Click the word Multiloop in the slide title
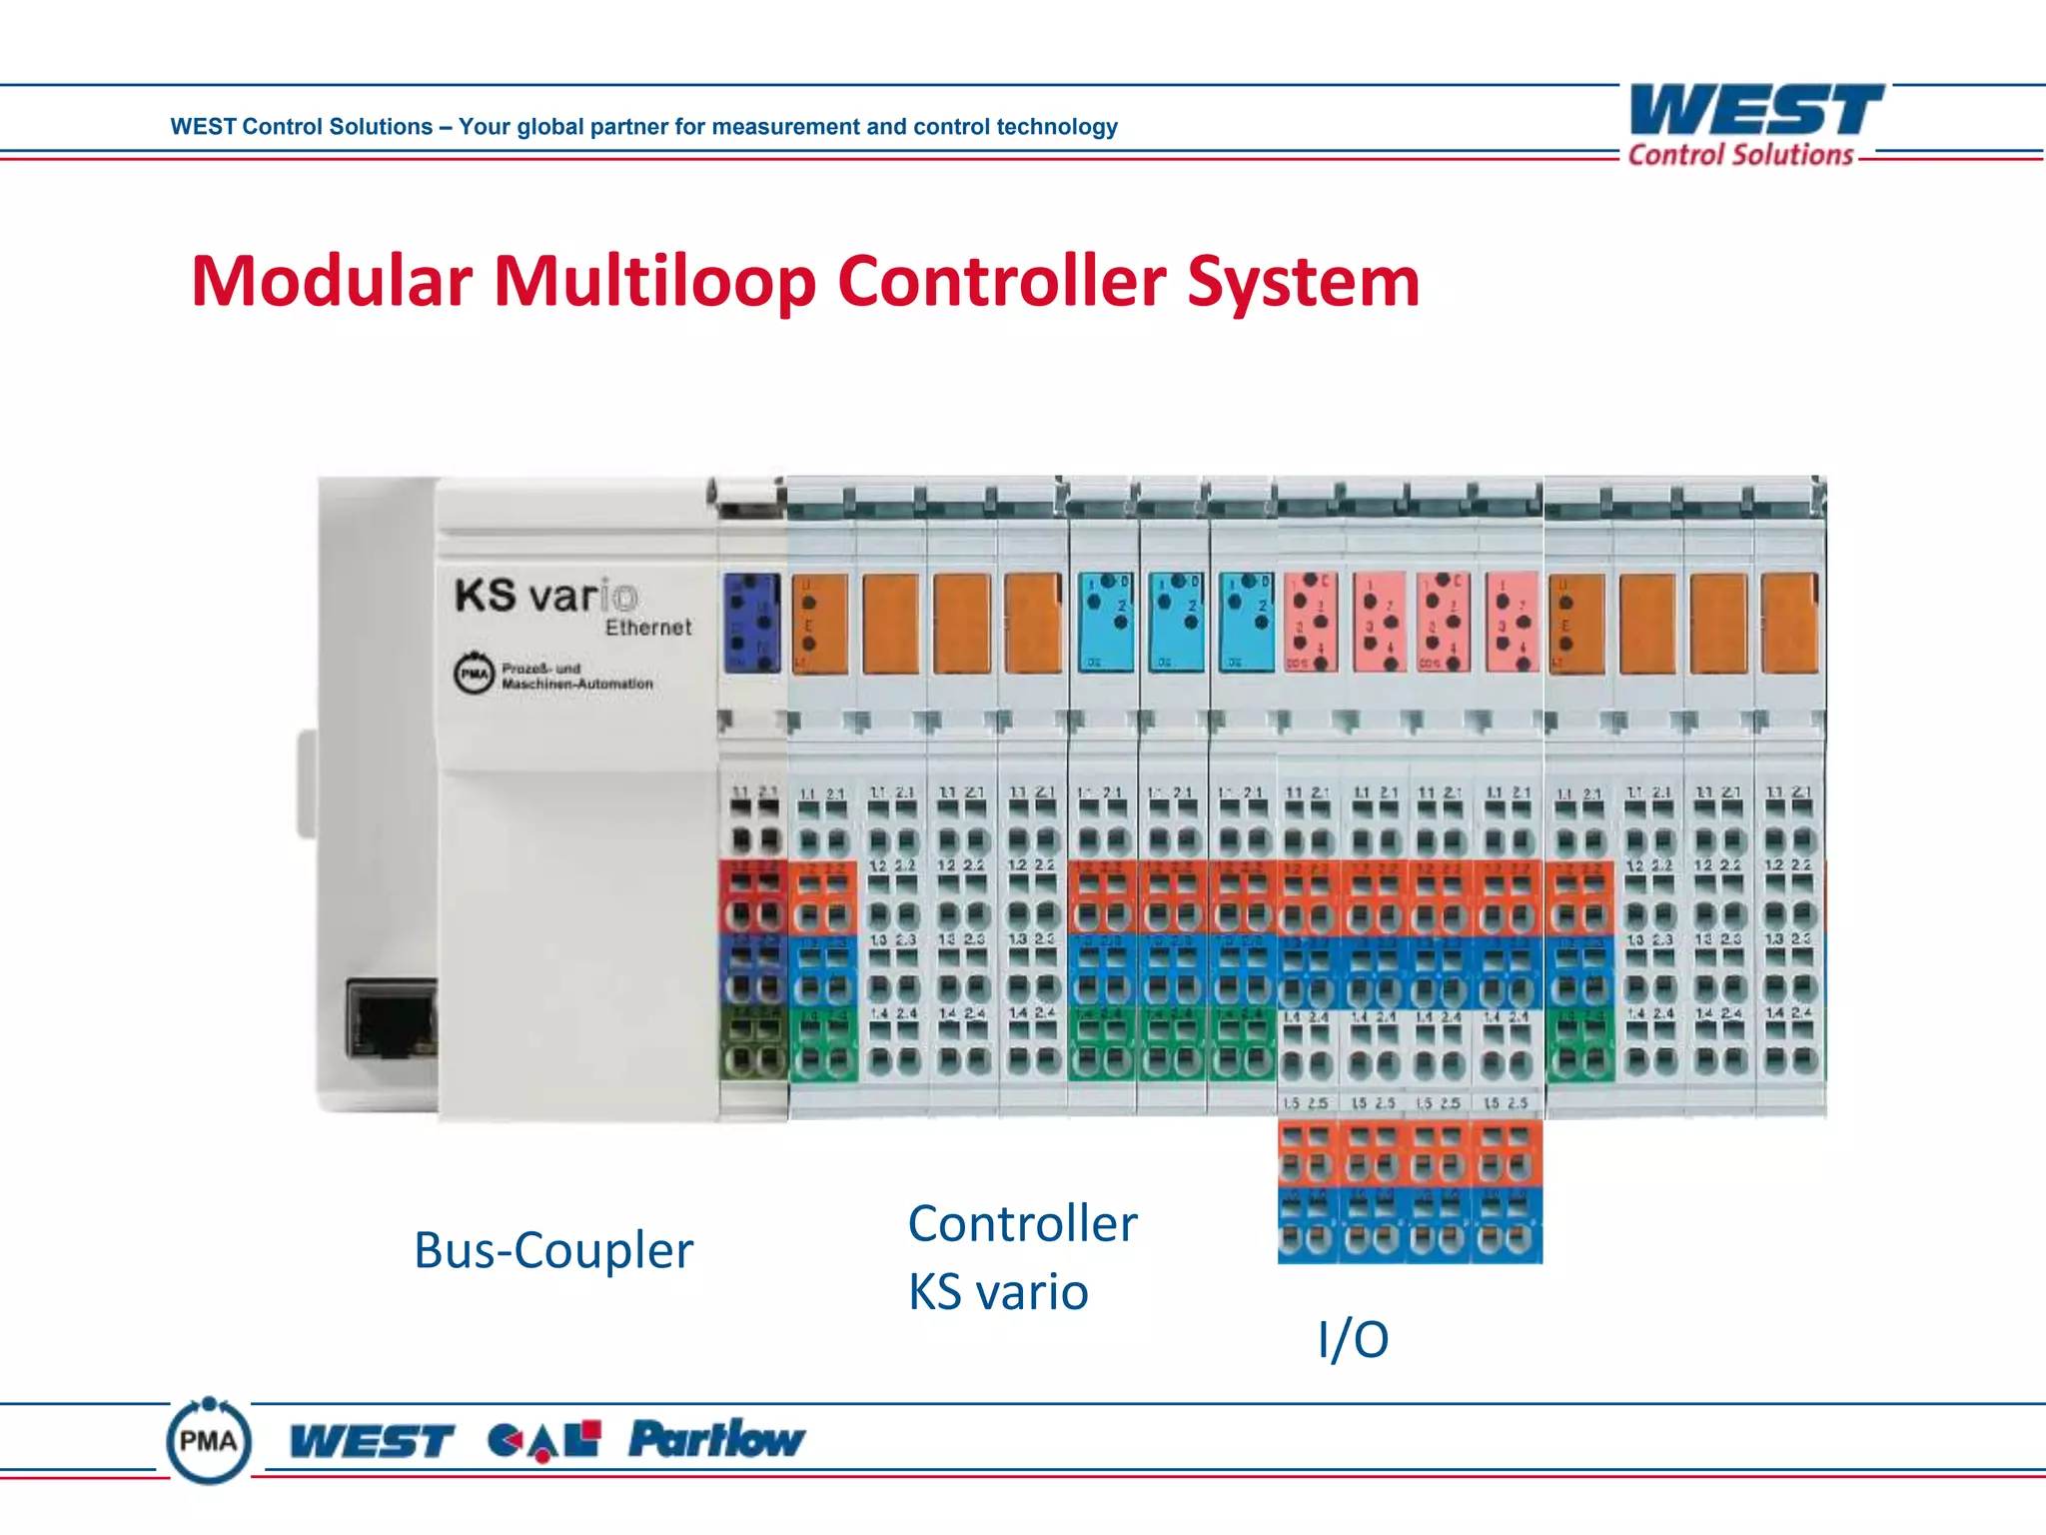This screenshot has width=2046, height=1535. [654, 283]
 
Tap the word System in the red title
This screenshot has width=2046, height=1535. [1303, 283]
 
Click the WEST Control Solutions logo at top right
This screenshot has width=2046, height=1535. [1755, 125]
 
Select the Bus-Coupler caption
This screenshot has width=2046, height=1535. [553, 1250]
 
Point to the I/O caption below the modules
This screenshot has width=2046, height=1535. [1353, 1339]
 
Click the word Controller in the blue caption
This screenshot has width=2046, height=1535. [1022, 1224]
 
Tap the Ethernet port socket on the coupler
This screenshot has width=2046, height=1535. [392, 1019]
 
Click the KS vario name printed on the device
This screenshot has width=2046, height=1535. [545, 596]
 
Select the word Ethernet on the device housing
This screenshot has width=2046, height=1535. [648, 628]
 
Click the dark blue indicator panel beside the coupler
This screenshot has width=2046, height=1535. [751, 622]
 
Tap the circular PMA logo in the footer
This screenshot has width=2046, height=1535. [208, 1441]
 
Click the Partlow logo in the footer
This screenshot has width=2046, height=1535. [716, 1440]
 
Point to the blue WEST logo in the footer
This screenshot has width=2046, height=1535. [372, 1442]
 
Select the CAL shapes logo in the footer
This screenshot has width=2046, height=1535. [544, 1440]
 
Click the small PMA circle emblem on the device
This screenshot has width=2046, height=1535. [474, 674]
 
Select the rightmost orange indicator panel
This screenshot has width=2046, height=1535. [1788, 623]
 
